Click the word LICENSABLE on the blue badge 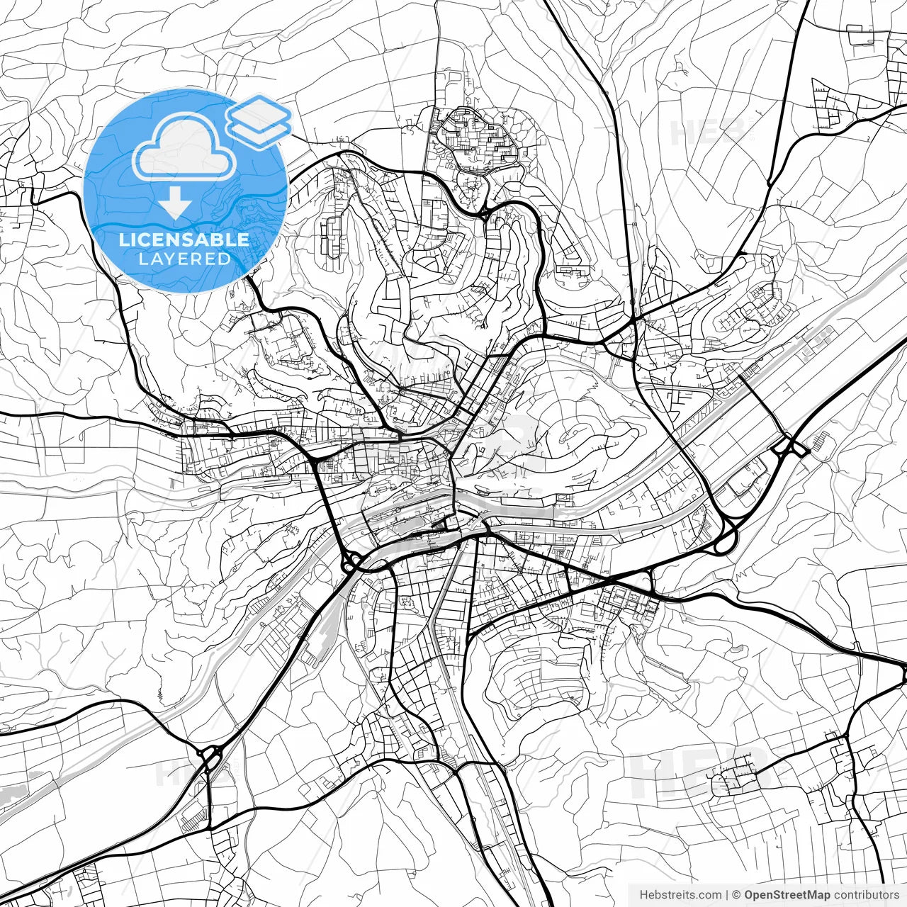point(184,240)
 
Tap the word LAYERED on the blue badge point(184,259)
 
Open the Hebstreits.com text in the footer point(680,895)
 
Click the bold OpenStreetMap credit point(787,895)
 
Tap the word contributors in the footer point(866,895)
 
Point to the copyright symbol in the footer point(737,895)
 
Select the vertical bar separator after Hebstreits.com point(727,895)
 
